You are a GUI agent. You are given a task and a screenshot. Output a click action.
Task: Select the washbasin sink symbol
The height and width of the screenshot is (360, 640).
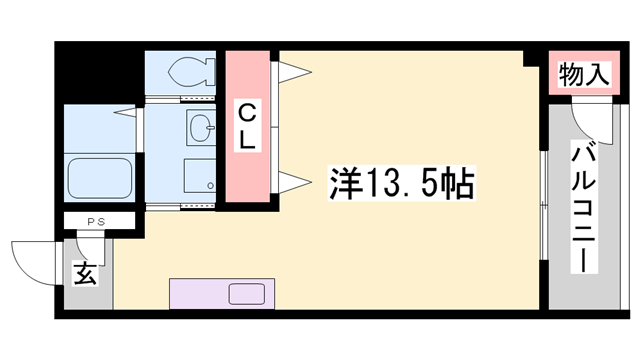click(201, 127)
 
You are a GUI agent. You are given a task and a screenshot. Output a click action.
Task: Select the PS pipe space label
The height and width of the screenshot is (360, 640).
click(96, 221)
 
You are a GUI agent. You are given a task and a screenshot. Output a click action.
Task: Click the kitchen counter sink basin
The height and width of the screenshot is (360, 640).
click(244, 294)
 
